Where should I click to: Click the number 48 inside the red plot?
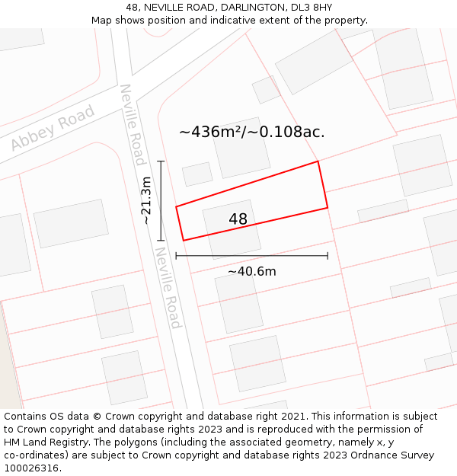click(238, 219)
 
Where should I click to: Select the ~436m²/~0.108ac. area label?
click(252, 132)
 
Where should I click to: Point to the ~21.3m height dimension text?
click(146, 200)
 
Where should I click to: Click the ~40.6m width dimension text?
click(251, 271)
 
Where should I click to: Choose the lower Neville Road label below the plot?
click(168, 287)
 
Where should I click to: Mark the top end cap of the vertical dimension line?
click(160, 161)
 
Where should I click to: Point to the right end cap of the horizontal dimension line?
click(328, 256)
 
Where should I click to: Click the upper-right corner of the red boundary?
click(318, 161)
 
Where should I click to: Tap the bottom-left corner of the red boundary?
click(184, 241)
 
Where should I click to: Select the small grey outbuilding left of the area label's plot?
click(197, 174)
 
